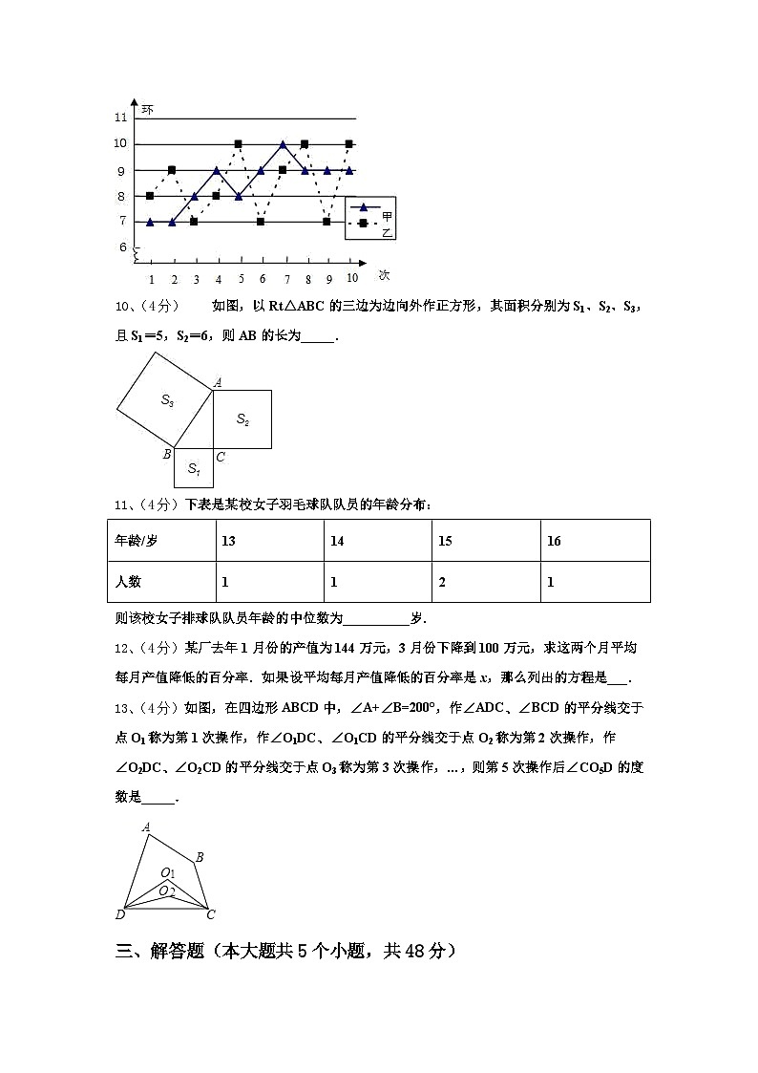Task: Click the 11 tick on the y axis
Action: click(120, 118)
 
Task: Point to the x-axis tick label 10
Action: click(351, 277)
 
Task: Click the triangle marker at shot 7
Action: click(283, 144)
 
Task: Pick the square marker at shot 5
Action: click(239, 143)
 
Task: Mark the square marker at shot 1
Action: click(150, 196)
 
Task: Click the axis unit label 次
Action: click(384, 275)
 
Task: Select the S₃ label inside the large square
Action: click(167, 400)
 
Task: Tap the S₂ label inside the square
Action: click(242, 419)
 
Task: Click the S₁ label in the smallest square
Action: click(194, 468)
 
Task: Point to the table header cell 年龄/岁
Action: click(137, 541)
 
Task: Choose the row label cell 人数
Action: click(128, 582)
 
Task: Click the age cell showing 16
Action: click(554, 541)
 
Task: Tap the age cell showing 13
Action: click(228, 541)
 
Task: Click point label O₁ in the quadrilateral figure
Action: click(168, 872)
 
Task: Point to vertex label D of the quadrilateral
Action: click(120, 915)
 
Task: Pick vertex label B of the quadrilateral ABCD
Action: click(200, 857)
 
